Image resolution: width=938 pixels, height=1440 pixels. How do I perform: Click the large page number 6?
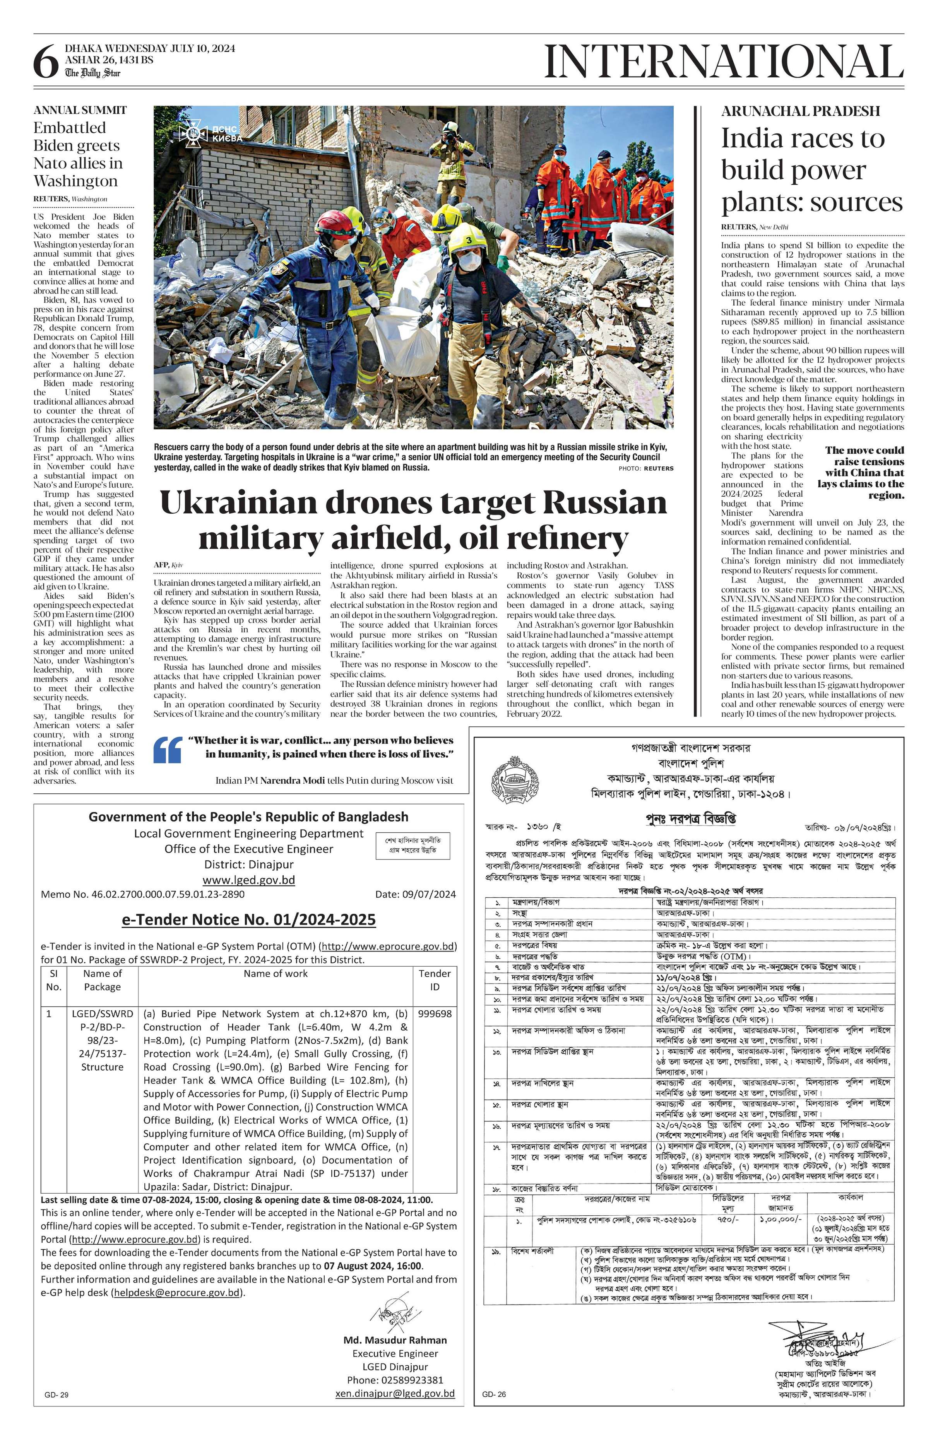[x=45, y=63]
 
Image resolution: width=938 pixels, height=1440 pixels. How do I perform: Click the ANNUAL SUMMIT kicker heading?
[x=80, y=110]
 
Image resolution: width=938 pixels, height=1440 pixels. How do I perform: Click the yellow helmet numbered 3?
[x=467, y=238]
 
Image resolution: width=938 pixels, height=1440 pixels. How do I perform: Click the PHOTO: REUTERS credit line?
[x=646, y=468]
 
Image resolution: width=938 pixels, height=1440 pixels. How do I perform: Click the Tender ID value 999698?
[x=435, y=1013]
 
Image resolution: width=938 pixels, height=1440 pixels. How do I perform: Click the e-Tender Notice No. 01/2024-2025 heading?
[x=249, y=920]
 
